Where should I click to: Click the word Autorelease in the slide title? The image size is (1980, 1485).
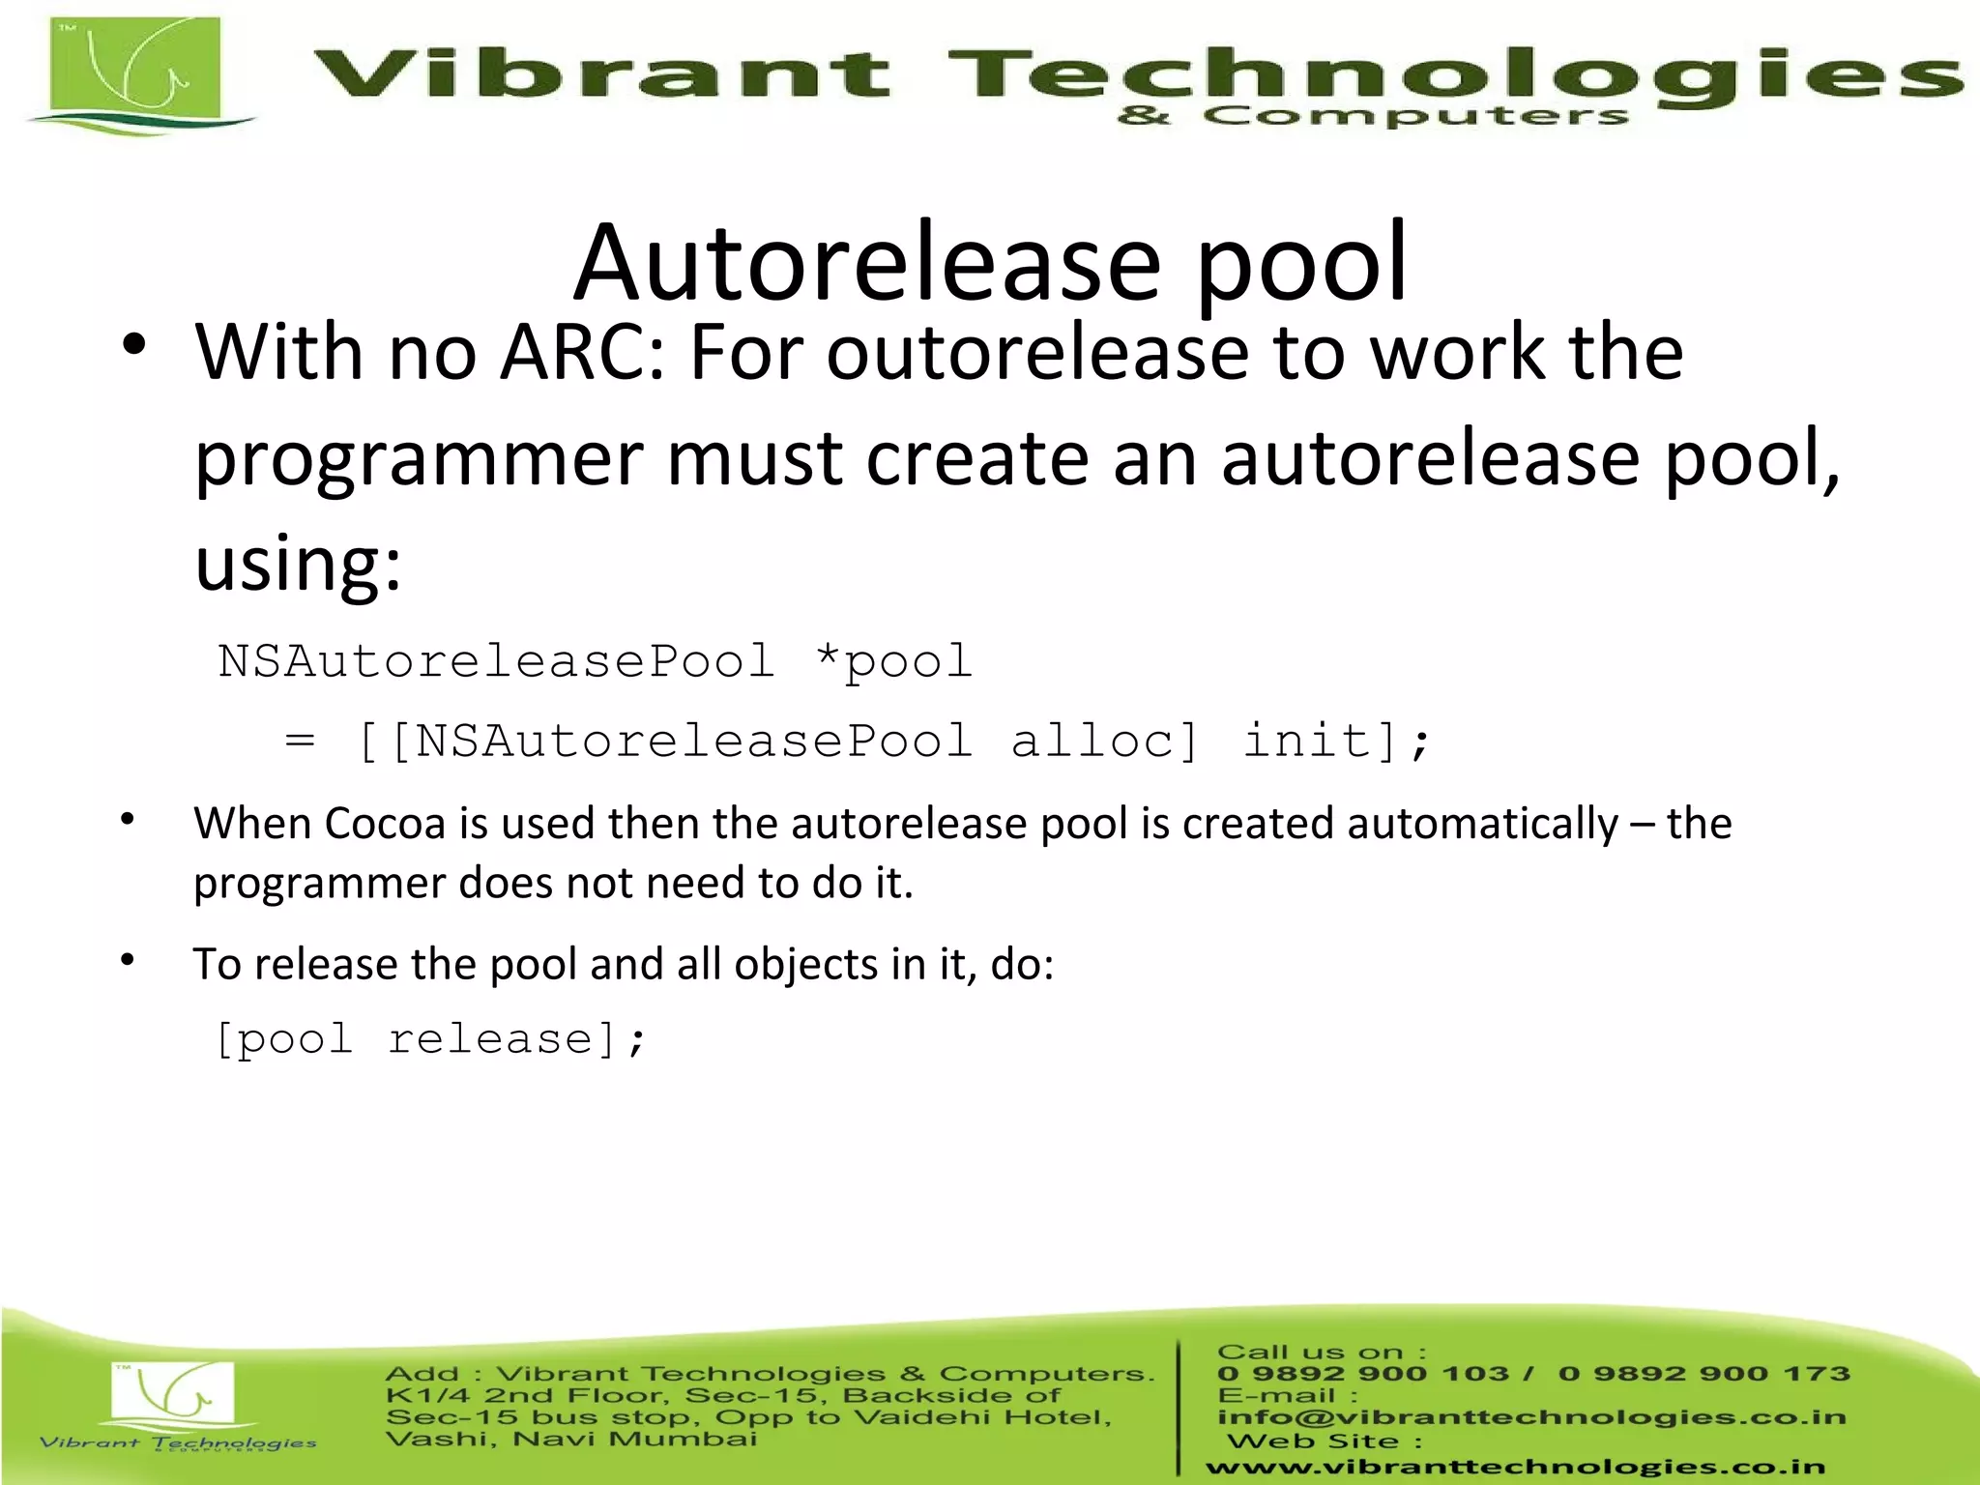[867, 263]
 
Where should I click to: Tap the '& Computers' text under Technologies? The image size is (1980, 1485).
[1373, 117]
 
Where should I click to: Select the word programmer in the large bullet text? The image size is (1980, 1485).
[419, 458]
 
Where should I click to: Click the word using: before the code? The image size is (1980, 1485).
[298, 563]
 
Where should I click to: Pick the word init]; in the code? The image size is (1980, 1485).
[1335, 742]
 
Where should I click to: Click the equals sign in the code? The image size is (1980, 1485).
[300, 742]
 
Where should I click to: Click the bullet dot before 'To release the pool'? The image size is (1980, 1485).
[128, 960]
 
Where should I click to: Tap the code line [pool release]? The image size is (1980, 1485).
[430, 1040]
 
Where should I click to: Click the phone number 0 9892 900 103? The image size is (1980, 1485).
[1363, 1374]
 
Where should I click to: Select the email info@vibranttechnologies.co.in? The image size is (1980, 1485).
[1531, 1417]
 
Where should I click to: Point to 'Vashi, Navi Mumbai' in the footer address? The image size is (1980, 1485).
[570, 1439]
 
